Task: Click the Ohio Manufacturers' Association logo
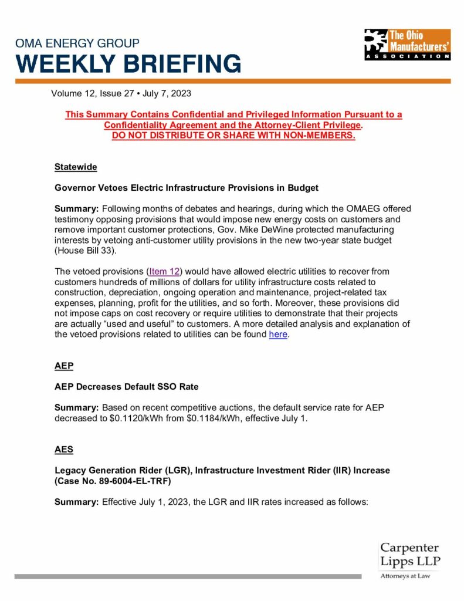407,45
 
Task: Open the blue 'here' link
278,335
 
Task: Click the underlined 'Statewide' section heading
76,167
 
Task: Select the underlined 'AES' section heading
64,450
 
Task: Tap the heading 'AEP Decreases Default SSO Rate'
126,387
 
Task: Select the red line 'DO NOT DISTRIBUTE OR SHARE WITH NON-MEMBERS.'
233,136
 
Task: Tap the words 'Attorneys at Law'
405,576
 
